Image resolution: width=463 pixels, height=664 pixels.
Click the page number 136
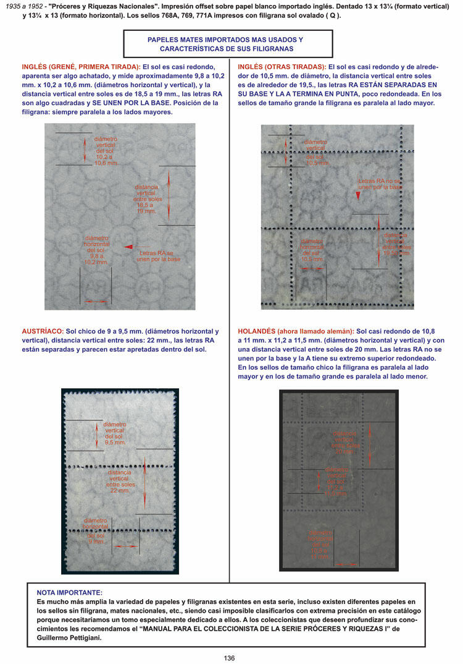[x=229, y=658]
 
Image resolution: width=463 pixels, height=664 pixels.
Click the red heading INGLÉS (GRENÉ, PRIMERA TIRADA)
[x=81, y=67]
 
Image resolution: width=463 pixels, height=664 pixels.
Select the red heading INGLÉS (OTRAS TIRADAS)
[x=282, y=67]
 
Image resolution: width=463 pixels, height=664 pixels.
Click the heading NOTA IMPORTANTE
[x=70, y=592]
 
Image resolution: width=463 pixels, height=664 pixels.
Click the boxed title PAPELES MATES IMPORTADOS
[x=228, y=44]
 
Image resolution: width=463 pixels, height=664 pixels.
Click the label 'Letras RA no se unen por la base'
[x=380, y=184]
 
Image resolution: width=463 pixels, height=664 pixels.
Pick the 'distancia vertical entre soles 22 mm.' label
[x=122, y=479]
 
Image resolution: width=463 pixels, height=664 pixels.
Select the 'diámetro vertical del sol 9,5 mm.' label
[x=115, y=433]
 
